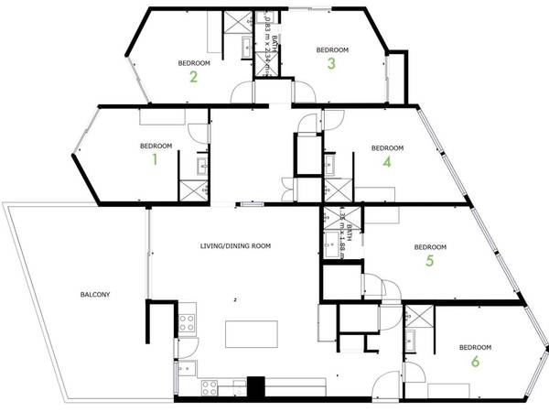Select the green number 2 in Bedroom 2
click(x=194, y=76)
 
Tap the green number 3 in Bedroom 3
click(x=332, y=63)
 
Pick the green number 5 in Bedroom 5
click(x=429, y=261)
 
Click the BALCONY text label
click(x=94, y=295)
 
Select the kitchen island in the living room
click(x=252, y=334)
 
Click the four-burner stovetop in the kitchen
click(x=187, y=322)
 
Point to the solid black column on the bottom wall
click(x=256, y=388)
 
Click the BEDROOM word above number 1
click(x=156, y=146)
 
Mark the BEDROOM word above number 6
click(x=475, y=347)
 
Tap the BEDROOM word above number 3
click(x=332, y=49)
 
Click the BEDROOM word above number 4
click(x=387, y=147)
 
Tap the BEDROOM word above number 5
click(x=429, y=247)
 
